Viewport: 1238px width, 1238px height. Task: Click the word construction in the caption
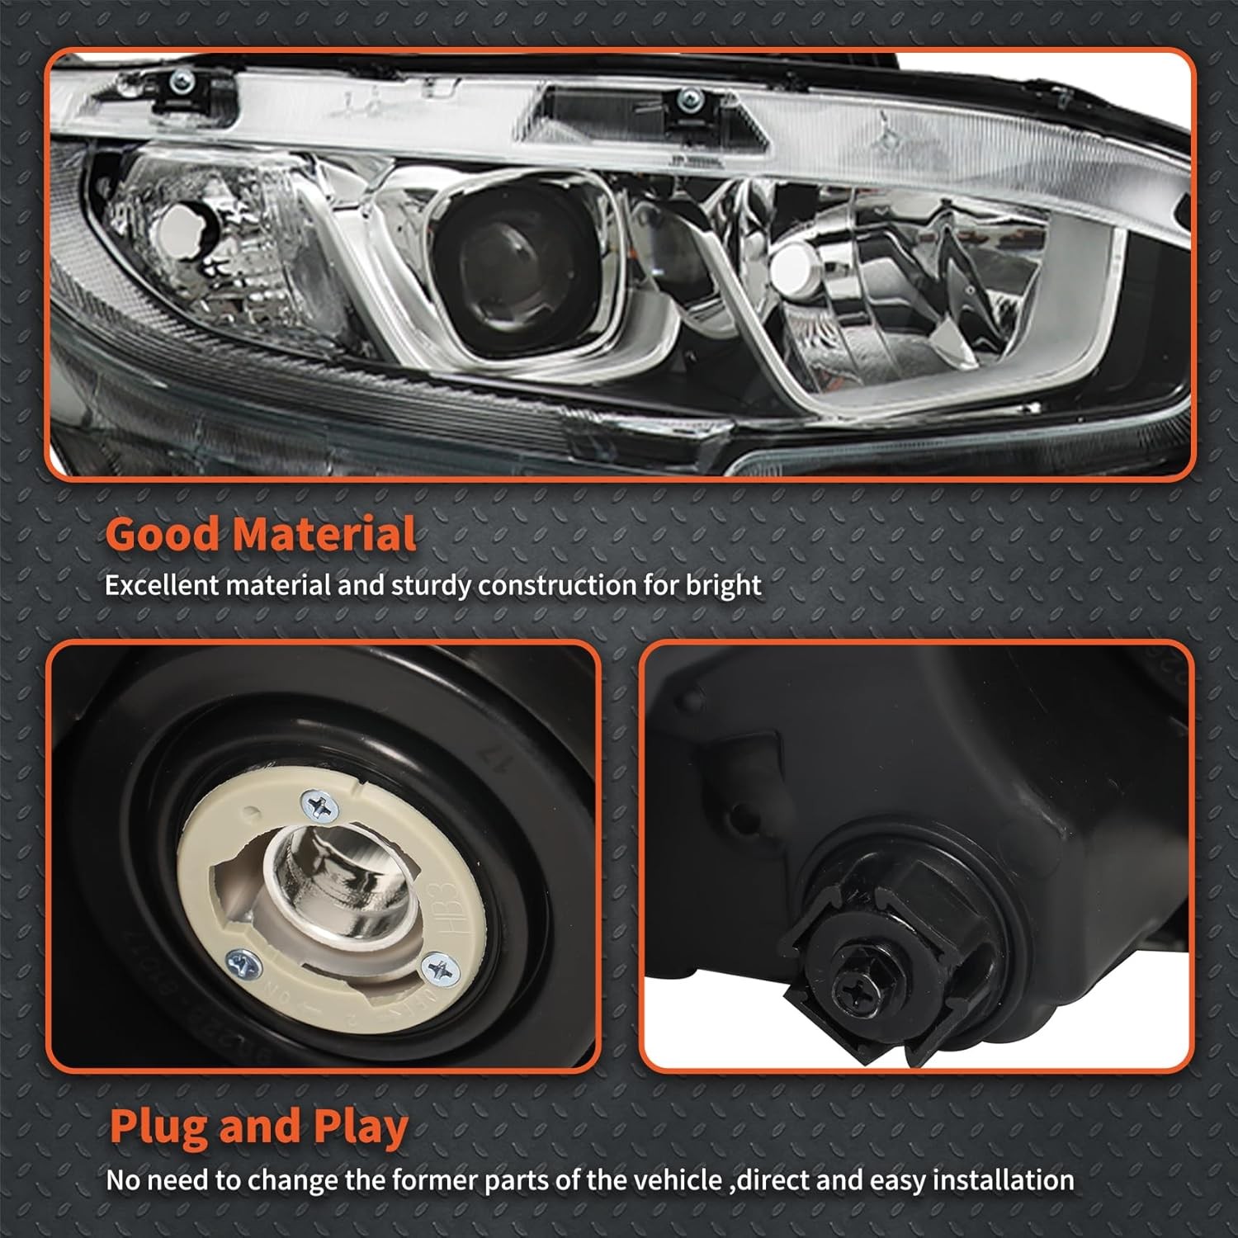557,585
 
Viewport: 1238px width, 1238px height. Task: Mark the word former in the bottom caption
434,1180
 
